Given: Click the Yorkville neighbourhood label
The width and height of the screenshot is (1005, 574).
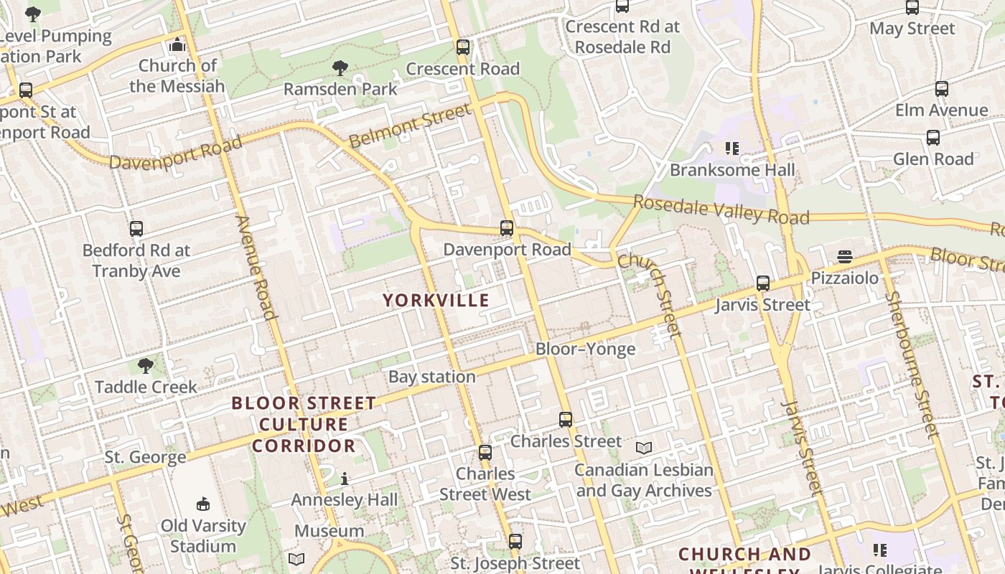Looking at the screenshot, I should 436,301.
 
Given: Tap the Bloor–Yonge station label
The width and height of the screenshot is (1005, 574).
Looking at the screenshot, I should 585,349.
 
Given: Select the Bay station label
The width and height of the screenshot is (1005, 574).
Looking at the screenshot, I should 431,377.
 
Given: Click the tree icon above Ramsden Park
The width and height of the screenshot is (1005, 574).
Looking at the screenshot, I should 340,68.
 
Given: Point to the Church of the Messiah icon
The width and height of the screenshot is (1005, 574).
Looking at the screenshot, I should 177,45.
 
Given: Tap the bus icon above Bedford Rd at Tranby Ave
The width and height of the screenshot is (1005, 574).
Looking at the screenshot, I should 136,229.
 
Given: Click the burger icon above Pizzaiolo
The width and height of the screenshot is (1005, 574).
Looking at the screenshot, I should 844,257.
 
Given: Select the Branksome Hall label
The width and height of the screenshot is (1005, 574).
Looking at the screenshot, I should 732,170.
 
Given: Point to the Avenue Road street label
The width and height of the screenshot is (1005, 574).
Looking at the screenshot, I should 256,267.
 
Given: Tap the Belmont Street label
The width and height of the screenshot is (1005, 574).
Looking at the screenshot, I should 411,125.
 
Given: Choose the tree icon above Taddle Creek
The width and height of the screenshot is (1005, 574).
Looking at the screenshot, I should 146,366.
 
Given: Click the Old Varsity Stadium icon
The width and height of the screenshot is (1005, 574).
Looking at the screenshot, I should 203,504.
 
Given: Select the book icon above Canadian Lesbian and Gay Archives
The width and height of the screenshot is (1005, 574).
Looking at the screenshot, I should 644,448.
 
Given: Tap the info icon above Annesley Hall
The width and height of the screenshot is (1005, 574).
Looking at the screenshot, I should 345,479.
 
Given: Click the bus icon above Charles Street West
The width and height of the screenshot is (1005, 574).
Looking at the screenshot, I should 485,453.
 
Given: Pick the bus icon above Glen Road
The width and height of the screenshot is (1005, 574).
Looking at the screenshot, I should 933,138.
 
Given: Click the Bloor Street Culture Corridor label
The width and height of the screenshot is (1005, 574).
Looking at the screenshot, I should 304,424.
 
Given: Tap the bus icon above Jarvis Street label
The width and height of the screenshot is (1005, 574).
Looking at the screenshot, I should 762,283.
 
